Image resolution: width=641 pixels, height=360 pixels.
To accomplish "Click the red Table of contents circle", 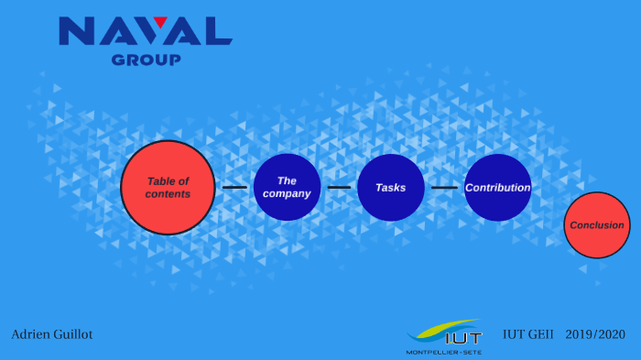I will (168, 187).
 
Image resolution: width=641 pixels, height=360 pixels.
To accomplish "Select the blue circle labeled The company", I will (287, 187).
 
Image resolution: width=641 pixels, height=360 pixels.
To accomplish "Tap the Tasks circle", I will (391, 187).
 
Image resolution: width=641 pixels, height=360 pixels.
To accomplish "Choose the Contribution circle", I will (497, 187).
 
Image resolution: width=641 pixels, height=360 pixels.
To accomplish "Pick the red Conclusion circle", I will (597, 224).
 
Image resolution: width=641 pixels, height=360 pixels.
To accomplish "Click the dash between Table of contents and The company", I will (234, 187).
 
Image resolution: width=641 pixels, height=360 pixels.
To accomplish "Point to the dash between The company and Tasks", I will (339, 187).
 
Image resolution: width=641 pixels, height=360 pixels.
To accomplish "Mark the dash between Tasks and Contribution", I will (444, 187).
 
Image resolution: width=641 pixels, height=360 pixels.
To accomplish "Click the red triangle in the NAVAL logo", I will (160, 22).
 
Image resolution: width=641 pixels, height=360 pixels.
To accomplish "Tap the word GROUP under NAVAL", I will (146, 60).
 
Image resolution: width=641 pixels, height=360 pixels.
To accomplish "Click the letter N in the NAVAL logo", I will (76, 31).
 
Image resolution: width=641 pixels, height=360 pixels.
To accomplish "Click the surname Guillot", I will (72, 334).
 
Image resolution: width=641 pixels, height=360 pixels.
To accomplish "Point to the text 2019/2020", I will (595, 334).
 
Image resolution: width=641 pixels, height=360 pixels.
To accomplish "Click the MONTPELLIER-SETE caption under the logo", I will (443, 352).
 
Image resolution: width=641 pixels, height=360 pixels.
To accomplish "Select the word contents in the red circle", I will (168, 194).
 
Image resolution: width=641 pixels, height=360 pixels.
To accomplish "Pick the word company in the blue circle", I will (287, 194).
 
